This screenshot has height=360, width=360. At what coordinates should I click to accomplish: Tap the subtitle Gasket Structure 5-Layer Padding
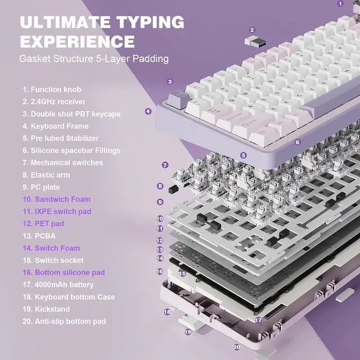[94, 58]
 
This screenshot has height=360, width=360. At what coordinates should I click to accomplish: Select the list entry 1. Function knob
[52, 89]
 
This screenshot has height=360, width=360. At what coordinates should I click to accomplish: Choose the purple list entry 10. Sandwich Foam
[56, 199]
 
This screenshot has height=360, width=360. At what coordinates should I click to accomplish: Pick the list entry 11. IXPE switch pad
[57, 211]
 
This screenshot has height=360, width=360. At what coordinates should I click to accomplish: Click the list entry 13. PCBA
[39, 236]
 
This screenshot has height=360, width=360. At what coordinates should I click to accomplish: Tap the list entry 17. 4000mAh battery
[58, 285]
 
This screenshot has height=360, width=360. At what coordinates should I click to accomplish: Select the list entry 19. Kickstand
[46, 309]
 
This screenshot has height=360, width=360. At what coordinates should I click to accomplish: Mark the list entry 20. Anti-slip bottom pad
[64, 321]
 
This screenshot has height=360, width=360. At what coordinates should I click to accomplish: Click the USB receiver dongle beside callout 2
[255, 42]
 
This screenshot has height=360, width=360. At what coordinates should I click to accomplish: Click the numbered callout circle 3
[170, 82]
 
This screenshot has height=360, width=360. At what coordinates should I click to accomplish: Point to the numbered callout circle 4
[148, 111]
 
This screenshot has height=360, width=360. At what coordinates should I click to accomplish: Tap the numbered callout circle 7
[165, 165]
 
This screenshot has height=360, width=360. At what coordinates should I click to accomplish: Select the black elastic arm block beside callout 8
[174, 189]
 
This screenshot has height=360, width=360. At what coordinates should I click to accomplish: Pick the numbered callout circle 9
[160, 202]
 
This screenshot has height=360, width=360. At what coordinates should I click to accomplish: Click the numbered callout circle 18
[167, 312]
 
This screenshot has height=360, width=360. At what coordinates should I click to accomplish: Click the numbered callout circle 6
[298, 142]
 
